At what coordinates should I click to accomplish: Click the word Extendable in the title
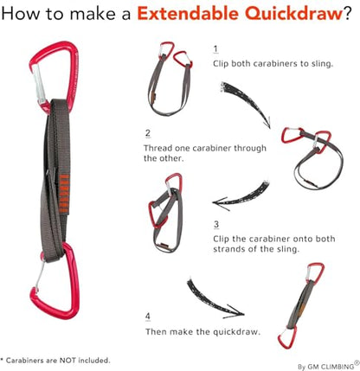(187, 13)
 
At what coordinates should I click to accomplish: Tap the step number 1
(215, 49)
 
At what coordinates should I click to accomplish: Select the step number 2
(148, 133)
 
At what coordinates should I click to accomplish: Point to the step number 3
(216, 224)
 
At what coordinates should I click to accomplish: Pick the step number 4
(148, 317)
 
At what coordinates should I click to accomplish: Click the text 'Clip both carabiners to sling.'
(273, 64)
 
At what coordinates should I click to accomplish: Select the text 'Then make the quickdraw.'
(202, 331)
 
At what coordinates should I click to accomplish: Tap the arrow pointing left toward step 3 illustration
(241, 195)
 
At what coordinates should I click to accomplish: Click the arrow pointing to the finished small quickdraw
(214, 300)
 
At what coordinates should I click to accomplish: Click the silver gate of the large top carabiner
(38, 84)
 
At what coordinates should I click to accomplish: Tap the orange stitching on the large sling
(64, 194)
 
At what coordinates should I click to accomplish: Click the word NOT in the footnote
(67, 360)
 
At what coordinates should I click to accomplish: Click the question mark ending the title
(347, 13)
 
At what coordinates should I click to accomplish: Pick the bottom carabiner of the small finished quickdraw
(287, 337)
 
